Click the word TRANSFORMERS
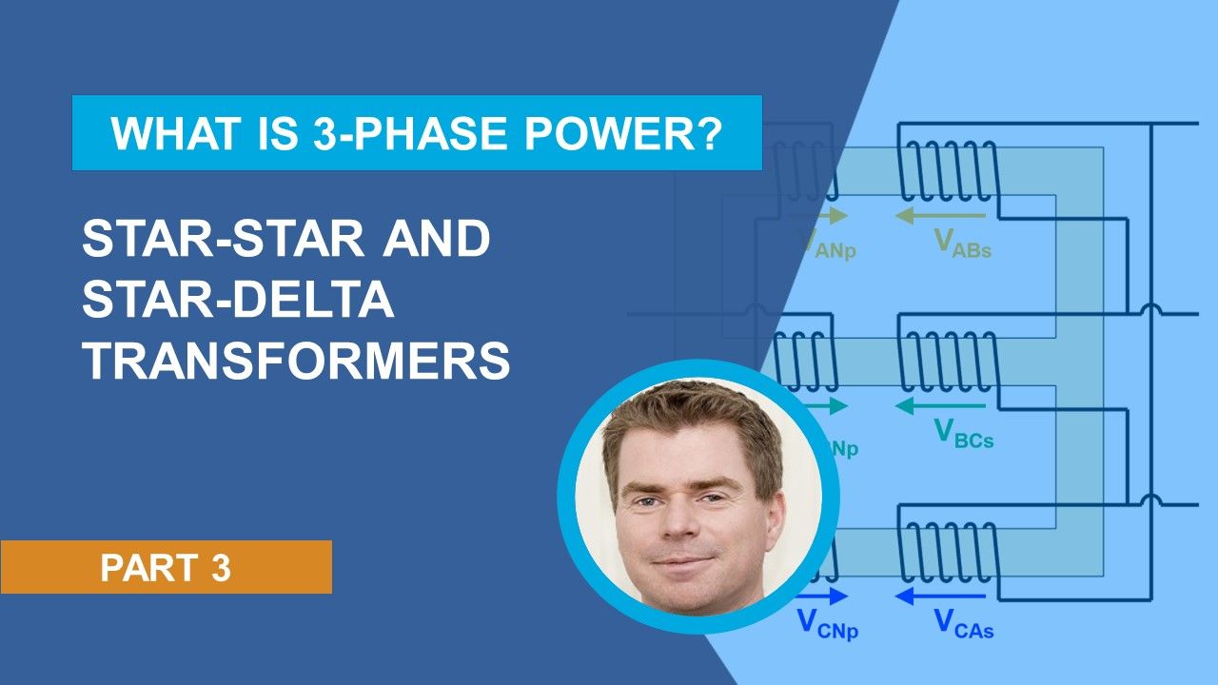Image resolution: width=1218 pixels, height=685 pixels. (296, 362)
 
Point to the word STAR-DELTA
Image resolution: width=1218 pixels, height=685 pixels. (238, 302)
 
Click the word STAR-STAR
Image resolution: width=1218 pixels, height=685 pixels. (218, 241)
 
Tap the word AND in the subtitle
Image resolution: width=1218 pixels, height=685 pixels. (437, 241)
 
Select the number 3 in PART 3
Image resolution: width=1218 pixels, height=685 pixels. (221, 568)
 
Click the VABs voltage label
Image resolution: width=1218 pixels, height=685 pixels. (962, 245)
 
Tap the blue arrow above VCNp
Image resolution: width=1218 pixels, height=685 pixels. (824, 597)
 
